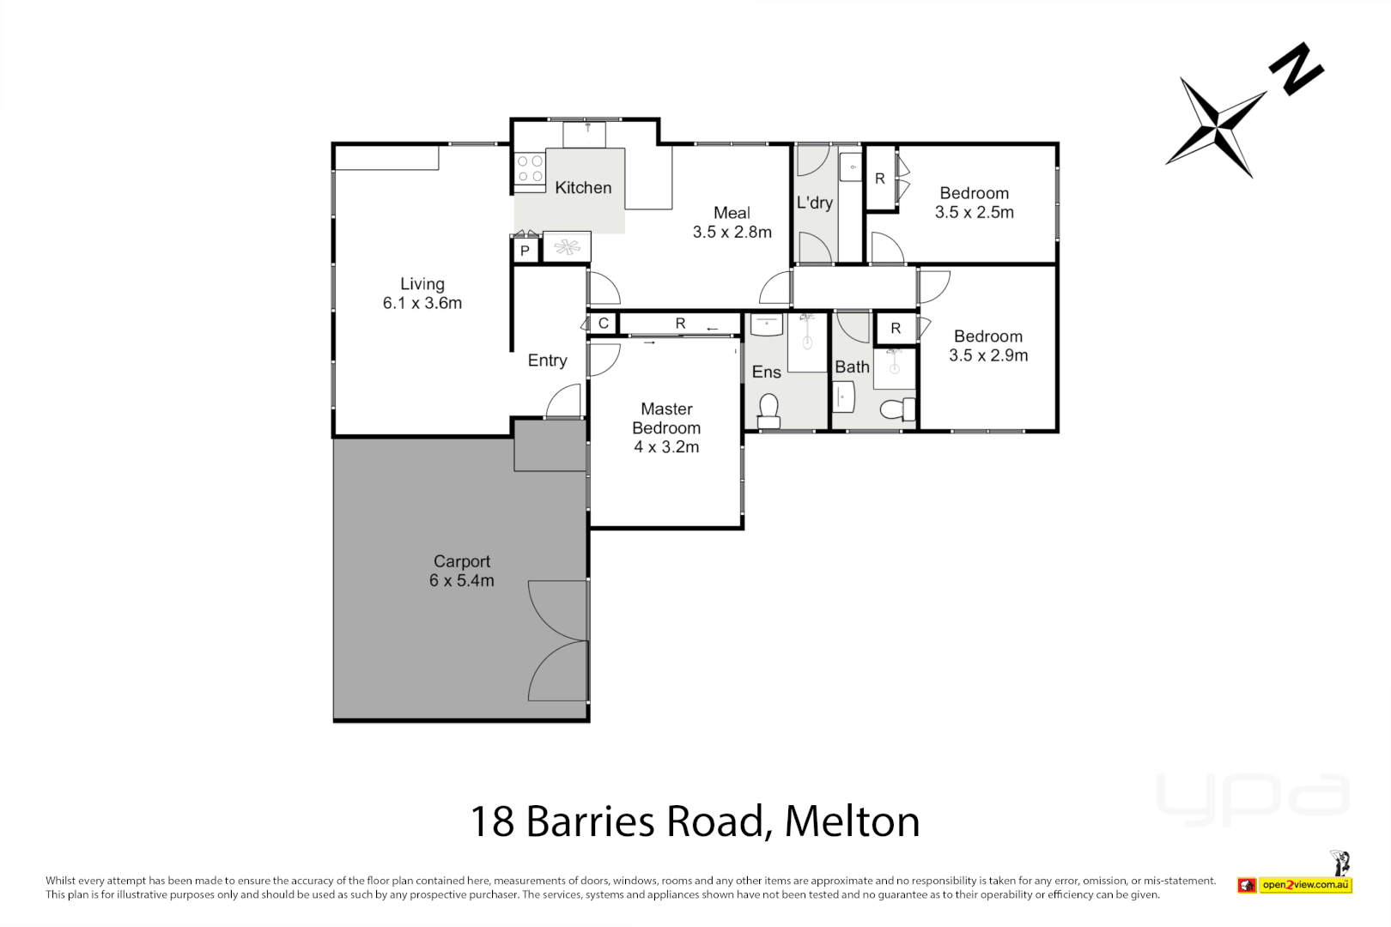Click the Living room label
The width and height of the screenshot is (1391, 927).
[x=422, y=284]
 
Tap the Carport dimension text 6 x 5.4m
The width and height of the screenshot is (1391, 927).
[x=462, y=581]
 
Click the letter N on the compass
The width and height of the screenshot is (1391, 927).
[x=1297, y=68]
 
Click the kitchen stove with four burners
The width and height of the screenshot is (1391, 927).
[x=530, y=168]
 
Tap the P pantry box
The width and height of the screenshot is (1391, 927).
[x=525, y=251]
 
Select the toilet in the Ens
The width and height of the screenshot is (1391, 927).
[x=768, y=411]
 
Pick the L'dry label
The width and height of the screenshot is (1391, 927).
[x=814, y=203]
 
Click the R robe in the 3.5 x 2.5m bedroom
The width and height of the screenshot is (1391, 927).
[x=880, y=179]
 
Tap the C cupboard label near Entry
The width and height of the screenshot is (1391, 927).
[x=604, y=324]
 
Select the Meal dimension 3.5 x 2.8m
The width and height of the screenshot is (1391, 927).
[x=732, y=232]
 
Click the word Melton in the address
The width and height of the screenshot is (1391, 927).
[x=852, y=821]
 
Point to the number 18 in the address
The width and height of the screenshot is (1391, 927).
[x=492, y=821]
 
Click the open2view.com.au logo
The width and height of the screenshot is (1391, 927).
[x=1305, y=885]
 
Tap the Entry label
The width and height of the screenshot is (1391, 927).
[x=547, y=360]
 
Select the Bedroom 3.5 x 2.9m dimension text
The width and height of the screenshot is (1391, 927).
[x=988, y=355]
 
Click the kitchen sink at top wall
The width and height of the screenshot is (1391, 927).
[x=584, y=135]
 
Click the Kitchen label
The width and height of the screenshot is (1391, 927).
[x=583, y=188]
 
